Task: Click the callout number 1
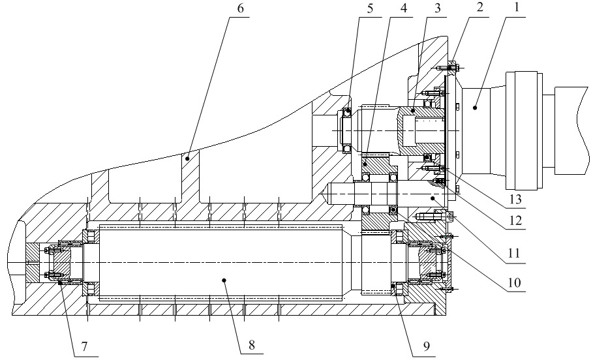pos(516,8)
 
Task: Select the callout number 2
pos(480,8)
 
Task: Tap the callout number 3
pos(438,8)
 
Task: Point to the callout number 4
pos(404,8)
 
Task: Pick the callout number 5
pos(370,8)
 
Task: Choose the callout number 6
pos(241,8)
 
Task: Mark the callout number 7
pos(84,346)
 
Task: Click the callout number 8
pos(252,345)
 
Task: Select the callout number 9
pos(426,346)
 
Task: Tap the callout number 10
pos(514,282)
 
